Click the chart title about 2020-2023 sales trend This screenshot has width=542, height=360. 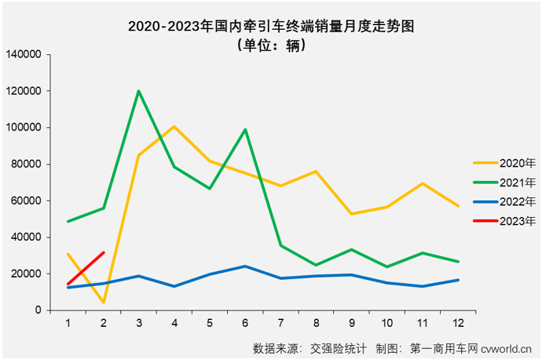coord(271,26)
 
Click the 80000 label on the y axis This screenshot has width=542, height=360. coord(26,164)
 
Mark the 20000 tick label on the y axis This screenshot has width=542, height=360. coord(26,274)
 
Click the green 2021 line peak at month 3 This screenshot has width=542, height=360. coord(139,91)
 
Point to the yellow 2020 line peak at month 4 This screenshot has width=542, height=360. coord(174,127)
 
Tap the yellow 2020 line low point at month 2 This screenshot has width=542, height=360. coord(104,302)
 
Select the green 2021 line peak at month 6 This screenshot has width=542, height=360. coord(246,130)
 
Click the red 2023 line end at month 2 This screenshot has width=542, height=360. coord(104,252)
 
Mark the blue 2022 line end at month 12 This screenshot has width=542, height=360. coord(458,280)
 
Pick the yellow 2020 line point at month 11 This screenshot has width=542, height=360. coord(423,183)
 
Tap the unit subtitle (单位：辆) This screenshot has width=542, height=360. coord(271,45)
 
